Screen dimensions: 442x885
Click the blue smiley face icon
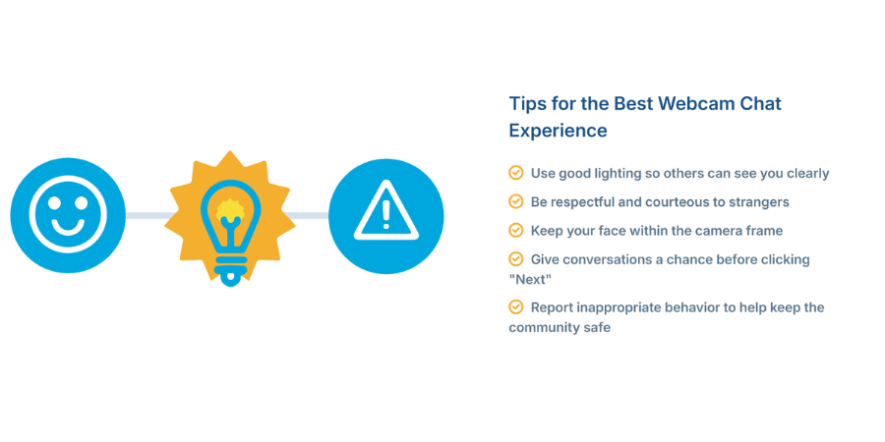coord(68,215)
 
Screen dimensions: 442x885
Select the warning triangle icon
coord(385,215)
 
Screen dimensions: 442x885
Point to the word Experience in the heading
coord(558,131)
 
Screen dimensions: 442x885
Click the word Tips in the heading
coord(527,103)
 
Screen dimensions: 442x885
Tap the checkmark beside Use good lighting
coord(516,173)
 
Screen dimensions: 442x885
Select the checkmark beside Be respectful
coord(516,201)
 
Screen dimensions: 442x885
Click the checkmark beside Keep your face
coord(516,230)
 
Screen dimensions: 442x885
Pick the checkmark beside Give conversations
coord(516,258)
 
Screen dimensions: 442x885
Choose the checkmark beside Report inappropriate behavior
coord(516,306)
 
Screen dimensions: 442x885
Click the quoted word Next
coord(530,279)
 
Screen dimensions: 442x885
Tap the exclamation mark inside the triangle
coord(385,214)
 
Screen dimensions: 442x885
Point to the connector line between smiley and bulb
coord(146,215)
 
